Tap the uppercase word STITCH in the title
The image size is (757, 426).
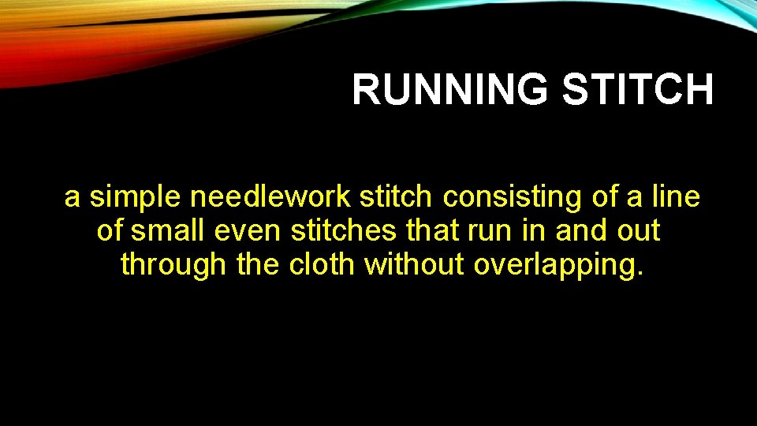pos(636,89)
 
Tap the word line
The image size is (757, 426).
pos(676,197)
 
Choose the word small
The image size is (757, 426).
pos(166,231)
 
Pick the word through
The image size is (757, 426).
pos(173,266)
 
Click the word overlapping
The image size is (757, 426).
pos(553,266)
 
